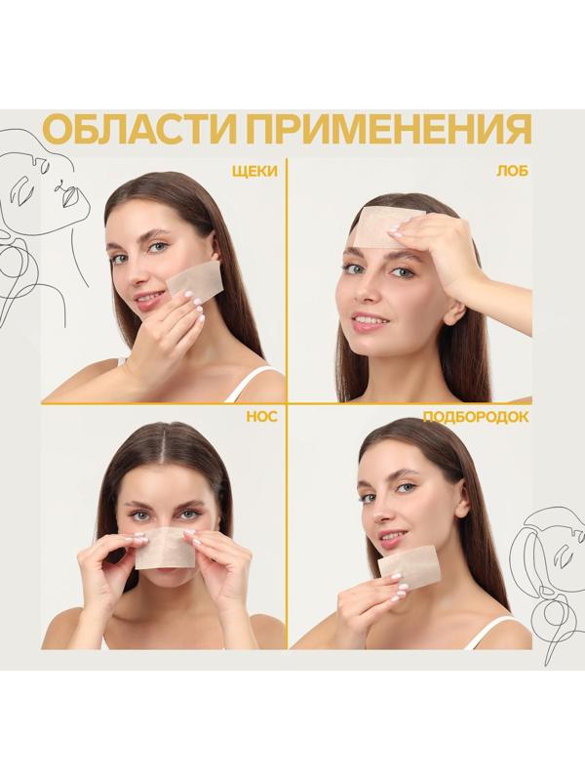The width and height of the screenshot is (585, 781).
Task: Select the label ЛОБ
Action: click(x=515, y=170)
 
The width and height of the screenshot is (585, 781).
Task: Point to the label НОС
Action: click(x=262, y=417)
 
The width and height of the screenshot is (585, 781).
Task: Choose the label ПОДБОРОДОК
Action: click(x=476, y=417)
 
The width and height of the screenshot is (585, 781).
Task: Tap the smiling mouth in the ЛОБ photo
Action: click(x=370, y=319)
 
